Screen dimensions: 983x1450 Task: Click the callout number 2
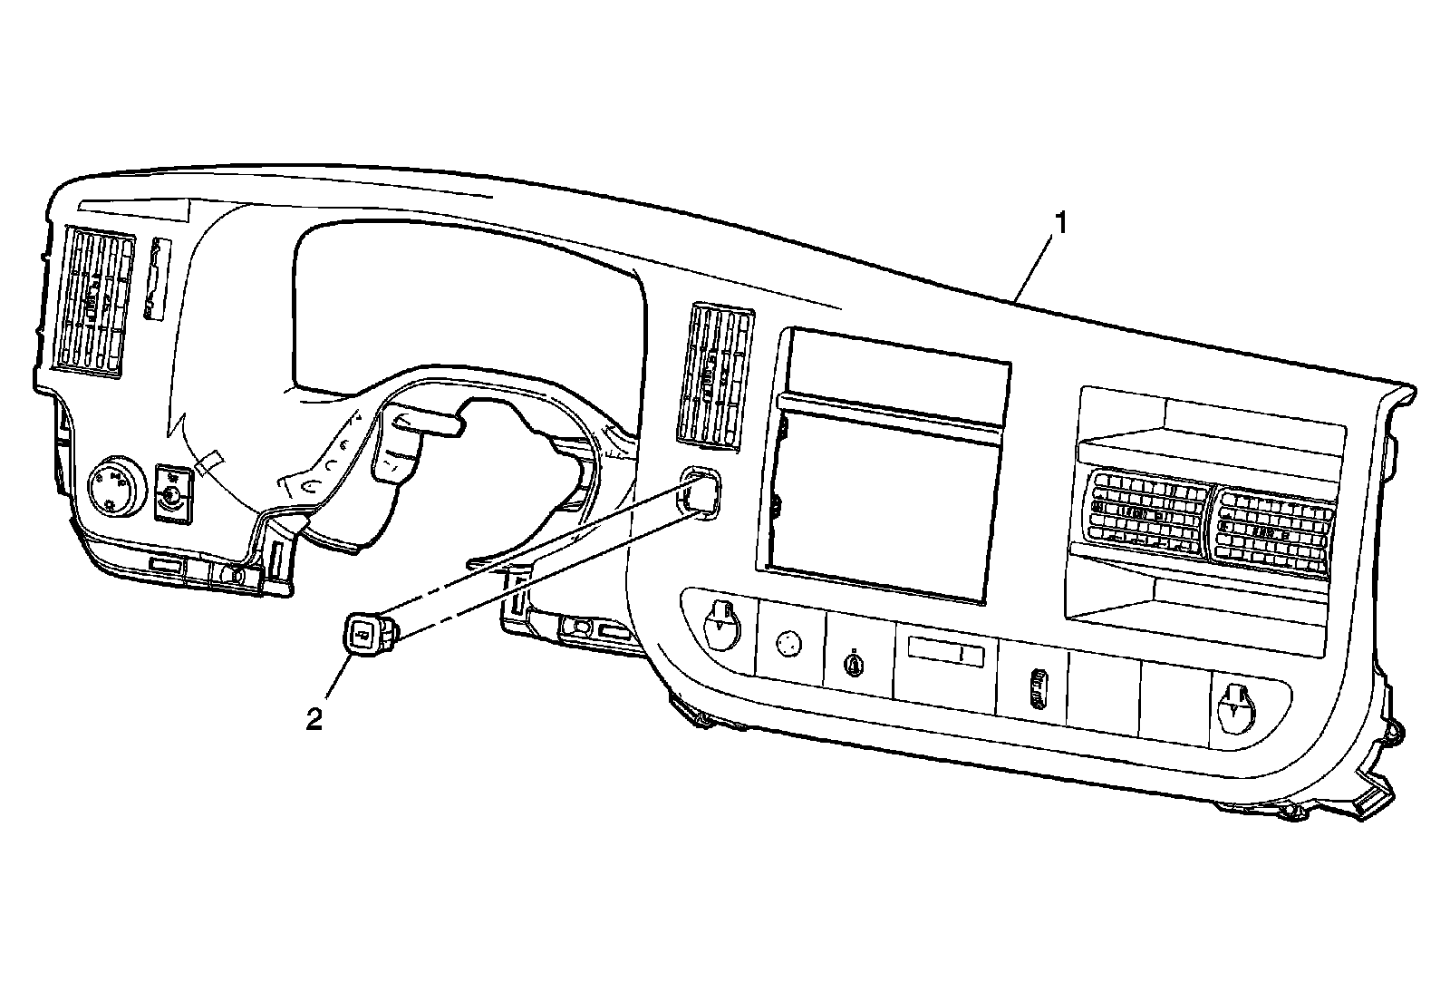[314, 719]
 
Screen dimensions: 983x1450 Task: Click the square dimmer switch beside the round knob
[171, 492]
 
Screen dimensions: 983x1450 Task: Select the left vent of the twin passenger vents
[1148, 513]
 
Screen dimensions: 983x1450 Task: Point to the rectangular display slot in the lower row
[945, 651]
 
